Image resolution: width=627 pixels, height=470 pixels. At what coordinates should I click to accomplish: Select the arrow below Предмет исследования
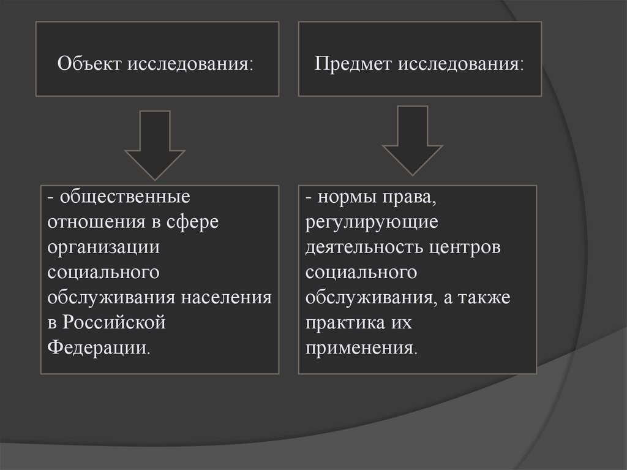pyautogui.click(x=413, y=141)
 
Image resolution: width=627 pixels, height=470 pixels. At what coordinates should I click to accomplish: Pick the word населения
pyautogui.click(x=226, y=297)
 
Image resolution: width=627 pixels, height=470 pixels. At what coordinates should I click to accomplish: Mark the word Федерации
pyautogui.click(x=97, y=346)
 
